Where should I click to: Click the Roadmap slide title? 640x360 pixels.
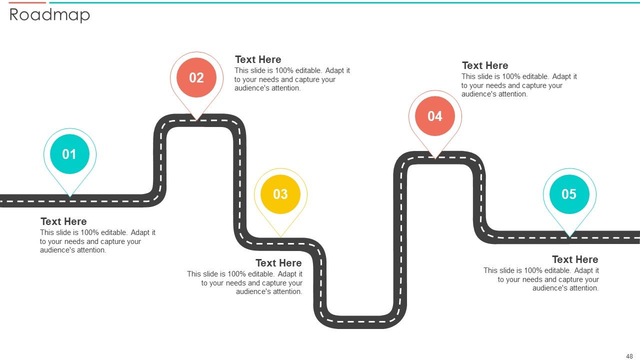point(49,15)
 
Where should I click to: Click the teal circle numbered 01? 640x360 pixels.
point(69,154)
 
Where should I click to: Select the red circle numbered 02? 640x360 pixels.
point(196,77)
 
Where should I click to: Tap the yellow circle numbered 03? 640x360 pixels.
point(280,194)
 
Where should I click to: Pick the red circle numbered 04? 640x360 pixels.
point(435,116)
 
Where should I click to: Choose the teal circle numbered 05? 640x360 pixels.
point(569,194)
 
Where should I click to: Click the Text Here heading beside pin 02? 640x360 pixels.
point(258,59)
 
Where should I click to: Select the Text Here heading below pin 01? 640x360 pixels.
point(63,221)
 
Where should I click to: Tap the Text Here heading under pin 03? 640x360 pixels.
point(278,263)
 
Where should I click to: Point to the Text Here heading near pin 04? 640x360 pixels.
point(485,65)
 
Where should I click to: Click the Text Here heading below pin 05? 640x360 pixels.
point(575,259)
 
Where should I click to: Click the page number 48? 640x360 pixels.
point(629,356)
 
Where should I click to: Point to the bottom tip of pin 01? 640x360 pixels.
point(70,197)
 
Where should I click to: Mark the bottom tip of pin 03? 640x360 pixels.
point(280,237)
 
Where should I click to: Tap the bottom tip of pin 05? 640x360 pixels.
point(569,237)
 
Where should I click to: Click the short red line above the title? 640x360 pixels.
point(27,2)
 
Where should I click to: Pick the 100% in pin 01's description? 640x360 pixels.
point(89,232)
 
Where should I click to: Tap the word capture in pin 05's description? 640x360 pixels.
point(559,279)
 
